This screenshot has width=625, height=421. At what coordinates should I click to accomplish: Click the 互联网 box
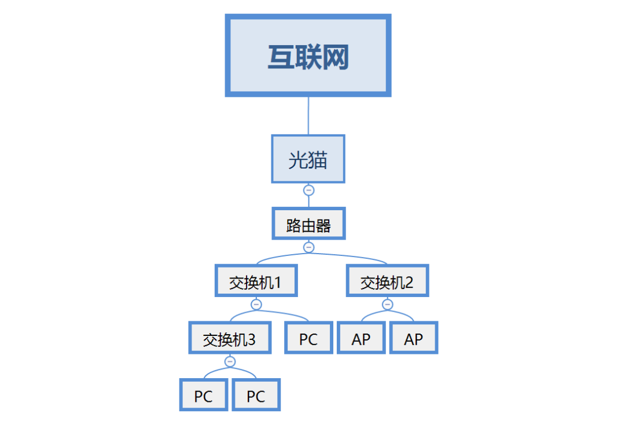coord(308,56)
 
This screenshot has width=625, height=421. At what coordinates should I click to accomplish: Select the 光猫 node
coord(308,159)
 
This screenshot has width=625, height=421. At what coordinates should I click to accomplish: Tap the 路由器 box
coord(308,224)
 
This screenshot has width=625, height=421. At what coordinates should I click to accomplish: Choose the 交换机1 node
coord(255,282)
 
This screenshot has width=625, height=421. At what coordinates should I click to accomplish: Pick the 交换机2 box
coord(387,282)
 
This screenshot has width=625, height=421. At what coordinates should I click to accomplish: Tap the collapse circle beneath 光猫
coord(308,190)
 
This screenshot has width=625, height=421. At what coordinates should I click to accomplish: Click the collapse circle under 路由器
coord(308,247)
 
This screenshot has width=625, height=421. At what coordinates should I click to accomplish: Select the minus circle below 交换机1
coord(256,305)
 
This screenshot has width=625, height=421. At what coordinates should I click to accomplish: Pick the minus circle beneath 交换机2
coord(388,305)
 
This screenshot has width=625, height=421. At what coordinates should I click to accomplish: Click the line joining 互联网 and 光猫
coord(308,116)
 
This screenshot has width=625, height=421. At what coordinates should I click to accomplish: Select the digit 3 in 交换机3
coord(251,339)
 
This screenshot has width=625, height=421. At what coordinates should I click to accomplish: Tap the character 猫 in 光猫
coord(317,160)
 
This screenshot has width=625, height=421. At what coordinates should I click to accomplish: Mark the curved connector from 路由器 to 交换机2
coord(359,256)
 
